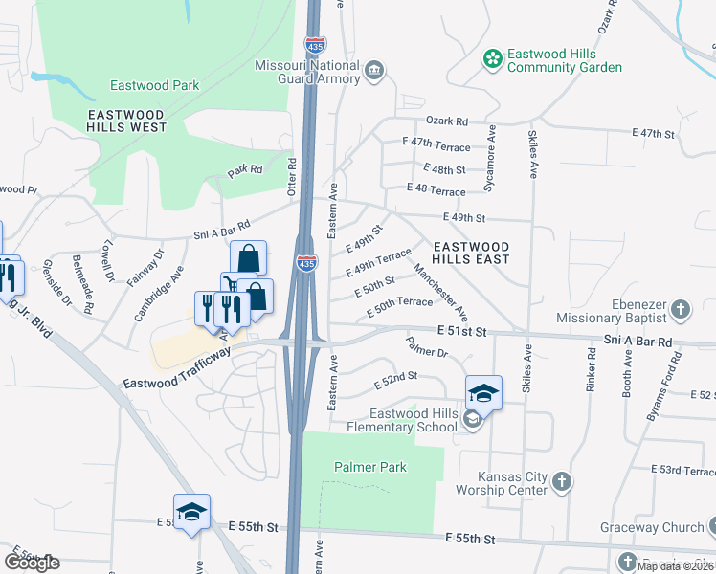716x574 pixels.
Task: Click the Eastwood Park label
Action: (x=154, y=85)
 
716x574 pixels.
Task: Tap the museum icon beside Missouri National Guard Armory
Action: (x=374, y=70)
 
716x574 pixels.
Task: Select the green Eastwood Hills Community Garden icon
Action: (x=493, y=60)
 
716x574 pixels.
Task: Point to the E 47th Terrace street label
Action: (x=436, y=145)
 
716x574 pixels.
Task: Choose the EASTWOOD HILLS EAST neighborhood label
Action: (x=470, y=253)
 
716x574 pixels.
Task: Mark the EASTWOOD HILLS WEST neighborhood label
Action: (x=126, y=121)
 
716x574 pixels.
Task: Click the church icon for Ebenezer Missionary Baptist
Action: (x=680, y=310)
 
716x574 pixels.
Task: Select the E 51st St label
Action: (x=462, y=331)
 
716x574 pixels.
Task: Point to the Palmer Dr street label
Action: (x=426, y=347)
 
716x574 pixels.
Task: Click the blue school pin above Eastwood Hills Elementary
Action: (x=483, y=392)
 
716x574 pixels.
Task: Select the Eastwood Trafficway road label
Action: (x=177, y=368)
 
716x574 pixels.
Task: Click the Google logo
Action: (x=32, y=562)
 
